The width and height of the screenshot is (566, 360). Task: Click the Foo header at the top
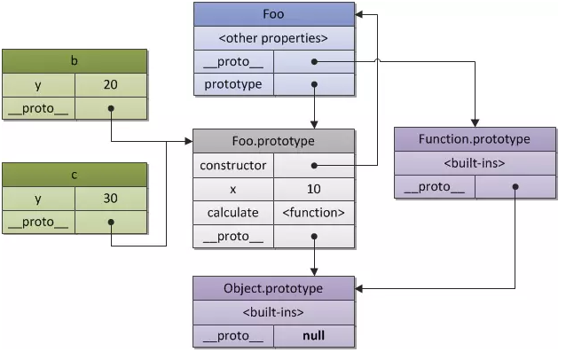(x=274, y=14)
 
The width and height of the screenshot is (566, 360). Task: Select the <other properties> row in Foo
(x=274, y=38)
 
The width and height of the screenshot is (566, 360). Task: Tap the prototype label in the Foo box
(x=232, y=85)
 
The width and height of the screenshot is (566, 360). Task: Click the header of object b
(x=74, y=61)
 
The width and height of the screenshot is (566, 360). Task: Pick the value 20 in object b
(x=110, y=85)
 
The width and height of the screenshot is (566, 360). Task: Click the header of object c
(x=74, y=174)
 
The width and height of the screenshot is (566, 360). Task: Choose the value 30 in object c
(x=110, y=198)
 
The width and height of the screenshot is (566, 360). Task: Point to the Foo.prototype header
(x=274, y=141)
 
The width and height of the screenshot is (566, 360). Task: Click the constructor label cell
(x=232, y=165)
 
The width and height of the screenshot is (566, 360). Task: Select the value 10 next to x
(x=314, y=189)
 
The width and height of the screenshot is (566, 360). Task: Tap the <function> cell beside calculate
(x=314, y=213)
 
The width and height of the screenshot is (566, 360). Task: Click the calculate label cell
(x=232, y=213)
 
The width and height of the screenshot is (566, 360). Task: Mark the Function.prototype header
(x=475, y=139)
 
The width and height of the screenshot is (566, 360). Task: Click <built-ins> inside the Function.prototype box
(x=475, y=163)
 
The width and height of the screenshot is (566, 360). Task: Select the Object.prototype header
(x=274, y=288)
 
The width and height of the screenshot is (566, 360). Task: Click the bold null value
(x=314, y=337)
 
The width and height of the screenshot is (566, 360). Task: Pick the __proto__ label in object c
(x=37, y=221)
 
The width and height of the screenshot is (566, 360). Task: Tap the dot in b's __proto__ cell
(x=110, y=110)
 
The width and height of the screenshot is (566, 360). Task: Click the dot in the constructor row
(x=314, y=165)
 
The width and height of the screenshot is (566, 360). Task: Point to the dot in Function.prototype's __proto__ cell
(x=515, y=187)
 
